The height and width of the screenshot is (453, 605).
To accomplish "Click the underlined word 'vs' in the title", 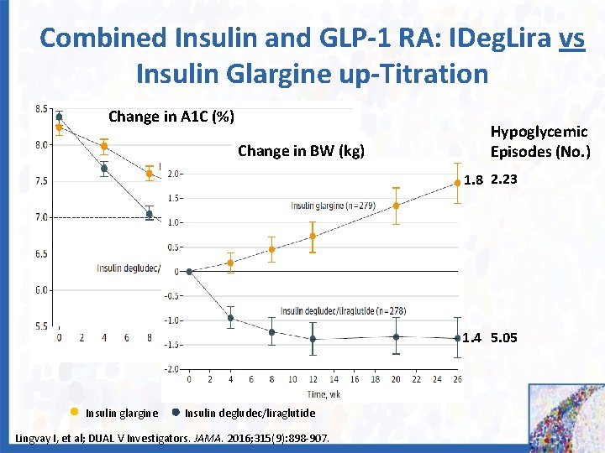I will point(571,38).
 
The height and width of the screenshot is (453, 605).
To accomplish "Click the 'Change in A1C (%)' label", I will point(171,117).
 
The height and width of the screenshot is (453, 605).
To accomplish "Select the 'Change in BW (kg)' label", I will point(301,151).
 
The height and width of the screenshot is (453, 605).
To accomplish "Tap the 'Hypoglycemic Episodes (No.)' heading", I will point(539,142).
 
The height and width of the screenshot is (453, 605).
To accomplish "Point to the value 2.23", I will point(504,180).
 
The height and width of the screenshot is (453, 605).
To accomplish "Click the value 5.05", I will point(504,338).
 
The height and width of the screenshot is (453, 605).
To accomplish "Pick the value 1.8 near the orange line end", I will point(474,180).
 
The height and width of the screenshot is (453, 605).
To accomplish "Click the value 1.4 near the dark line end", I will point(474,339).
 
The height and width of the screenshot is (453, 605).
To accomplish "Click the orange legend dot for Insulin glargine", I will point(75,412).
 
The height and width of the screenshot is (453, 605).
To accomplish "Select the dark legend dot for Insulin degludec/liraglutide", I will point(175,412).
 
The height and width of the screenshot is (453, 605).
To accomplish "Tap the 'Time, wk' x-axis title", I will point(324,393).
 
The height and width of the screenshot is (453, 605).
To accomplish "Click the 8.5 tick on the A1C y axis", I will point(40,108).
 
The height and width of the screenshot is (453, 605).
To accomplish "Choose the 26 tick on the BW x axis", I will point(457,379).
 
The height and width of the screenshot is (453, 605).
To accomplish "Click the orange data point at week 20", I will point(396,206).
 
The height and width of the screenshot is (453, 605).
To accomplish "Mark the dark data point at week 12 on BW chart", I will point(313,339).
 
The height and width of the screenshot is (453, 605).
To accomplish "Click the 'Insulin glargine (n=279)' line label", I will point(333,206).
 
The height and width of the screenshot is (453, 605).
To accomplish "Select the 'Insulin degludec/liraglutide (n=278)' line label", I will point(343,310).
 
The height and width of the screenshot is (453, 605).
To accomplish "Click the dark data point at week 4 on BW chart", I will point(230,318).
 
